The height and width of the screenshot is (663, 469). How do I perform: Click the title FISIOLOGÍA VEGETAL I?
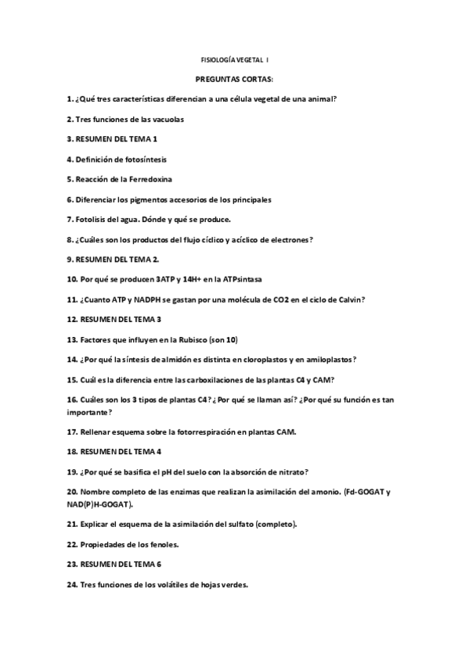234,59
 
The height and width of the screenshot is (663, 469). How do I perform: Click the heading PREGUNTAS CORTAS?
234,79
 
